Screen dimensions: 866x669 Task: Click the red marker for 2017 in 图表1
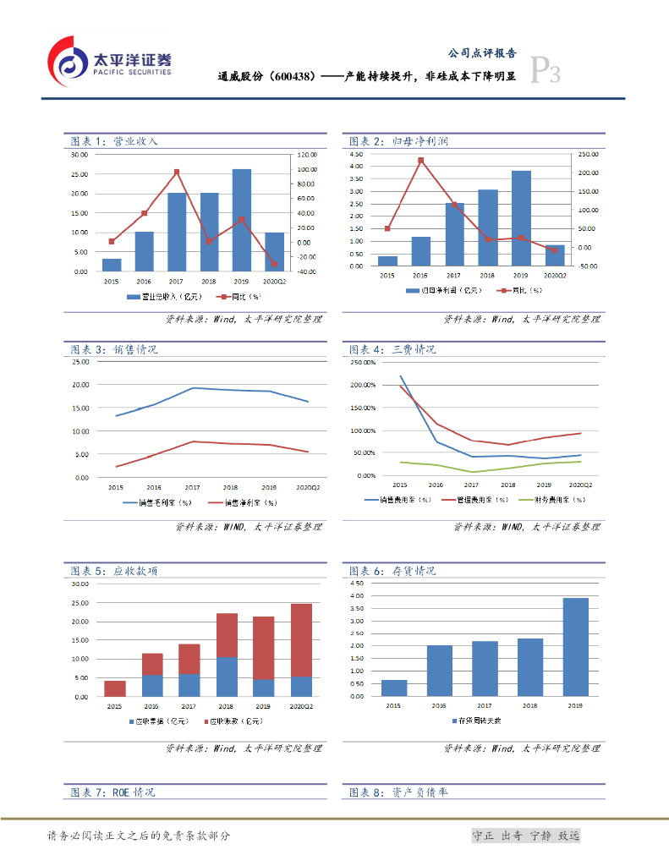point(177,172)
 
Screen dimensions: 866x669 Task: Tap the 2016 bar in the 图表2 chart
point(421,251)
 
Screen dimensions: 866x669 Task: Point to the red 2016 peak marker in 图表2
point(421,160)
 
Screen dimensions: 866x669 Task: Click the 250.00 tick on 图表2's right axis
point(587,155)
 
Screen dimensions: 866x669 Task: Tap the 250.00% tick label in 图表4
point(362,362)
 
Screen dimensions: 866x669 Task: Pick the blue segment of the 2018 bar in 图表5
point(227,677)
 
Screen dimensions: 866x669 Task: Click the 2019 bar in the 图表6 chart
point(574,647)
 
